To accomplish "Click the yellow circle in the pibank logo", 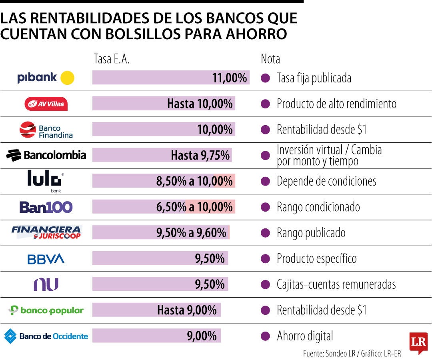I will click(x=67, y=78).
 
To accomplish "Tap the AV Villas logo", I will click(x=46, y=104).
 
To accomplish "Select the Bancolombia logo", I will click(x=46, y=155).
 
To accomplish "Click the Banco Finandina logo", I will click(x=46, y=130).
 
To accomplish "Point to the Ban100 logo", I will click(x=46, y=207).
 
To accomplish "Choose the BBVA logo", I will click(x=46, y=259).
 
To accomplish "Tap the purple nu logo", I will click(x=46, y=284).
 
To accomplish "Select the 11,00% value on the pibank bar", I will click(x=229, y=78).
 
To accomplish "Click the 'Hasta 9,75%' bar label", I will click(x=200, y=155).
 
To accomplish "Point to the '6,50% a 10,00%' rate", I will click(x=194, y=207).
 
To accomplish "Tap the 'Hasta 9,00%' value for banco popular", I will click(x=187, y=310).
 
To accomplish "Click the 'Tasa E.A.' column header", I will click(x=112, y=59).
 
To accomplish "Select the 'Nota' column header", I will click(x=270, y=59).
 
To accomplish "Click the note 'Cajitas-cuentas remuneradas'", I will click(x=336, y=284).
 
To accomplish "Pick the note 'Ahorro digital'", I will click(x=305, y=336).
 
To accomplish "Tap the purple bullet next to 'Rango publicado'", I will click(x=265, y=233).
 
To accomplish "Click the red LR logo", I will click(x=418, y=342).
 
